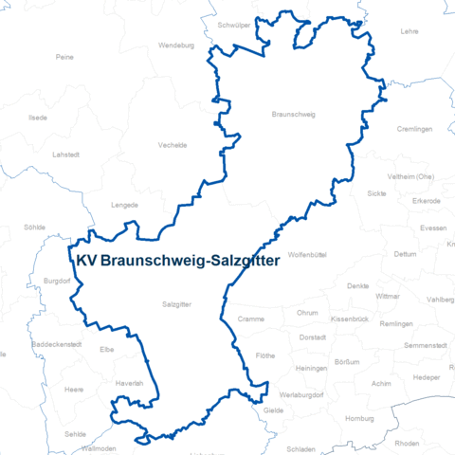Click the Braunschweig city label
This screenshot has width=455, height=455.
click(293, 115)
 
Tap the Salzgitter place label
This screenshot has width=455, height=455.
click(177, 304)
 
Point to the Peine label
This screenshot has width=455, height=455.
click(64, 57)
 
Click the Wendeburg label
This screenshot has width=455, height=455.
click(176, 45)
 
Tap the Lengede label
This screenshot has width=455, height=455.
click(124, 204)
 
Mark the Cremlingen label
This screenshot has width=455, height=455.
click(414, 128)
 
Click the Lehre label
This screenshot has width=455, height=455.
click(409, 31)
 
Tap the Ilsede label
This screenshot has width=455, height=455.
click(38, 118)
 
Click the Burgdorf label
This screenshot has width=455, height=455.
click(57, 280)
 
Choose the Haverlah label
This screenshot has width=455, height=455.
click(129, 382)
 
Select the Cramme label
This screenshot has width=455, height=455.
click(251, 319)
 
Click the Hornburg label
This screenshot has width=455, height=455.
click(361, 418)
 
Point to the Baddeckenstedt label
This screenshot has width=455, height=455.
click(57, 344)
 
